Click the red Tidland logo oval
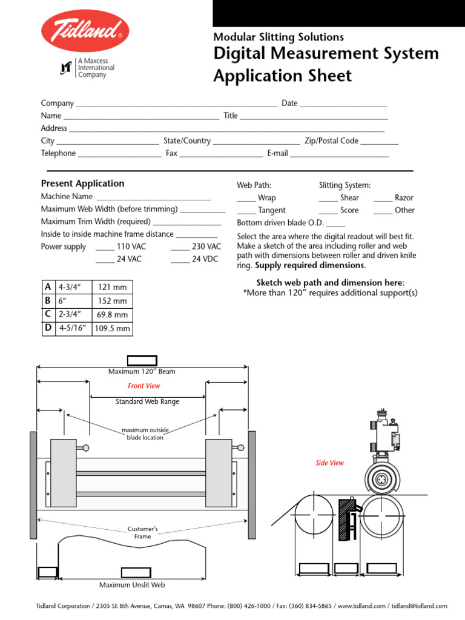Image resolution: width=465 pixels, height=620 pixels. pos(85,30)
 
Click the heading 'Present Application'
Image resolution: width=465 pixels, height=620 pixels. pos(82,183)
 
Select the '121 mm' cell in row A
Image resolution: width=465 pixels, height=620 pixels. pos(112,287)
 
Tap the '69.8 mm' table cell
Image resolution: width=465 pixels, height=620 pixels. pos(112,315)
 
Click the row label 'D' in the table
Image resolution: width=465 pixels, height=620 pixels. pos(48,328)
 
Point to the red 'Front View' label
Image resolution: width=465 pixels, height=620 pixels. pos(144,386)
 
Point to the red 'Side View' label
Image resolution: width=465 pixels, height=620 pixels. pos(329,463)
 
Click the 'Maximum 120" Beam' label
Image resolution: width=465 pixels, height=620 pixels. pos(142,371)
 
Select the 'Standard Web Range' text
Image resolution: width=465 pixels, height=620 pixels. pos(147,401)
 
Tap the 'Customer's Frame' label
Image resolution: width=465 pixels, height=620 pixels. pos(143,533)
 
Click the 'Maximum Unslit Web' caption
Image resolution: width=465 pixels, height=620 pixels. pos(132,585)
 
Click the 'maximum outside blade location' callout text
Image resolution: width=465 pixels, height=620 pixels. pos(145,434)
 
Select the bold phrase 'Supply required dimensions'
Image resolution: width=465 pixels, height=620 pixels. pos(309,265)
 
